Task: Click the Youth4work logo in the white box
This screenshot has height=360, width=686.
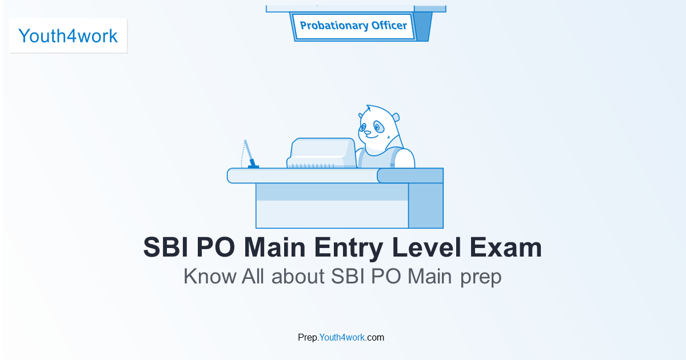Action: pyautogui.click(x=68, y=36)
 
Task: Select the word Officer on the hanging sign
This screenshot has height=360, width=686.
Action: pyautogui.click(x=389, y=25)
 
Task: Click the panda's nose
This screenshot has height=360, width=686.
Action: pyautogui.click(x=367, y=133)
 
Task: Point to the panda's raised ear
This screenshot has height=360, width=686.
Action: pyautogui.click(x=396, y=117)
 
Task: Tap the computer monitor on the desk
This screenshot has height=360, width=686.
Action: pyautogui.click(x=321, y=153)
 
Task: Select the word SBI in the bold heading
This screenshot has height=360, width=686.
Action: pyautogui.click(x=166, y=247)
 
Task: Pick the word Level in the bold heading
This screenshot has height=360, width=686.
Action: pyautogui.click(x=426, y=247)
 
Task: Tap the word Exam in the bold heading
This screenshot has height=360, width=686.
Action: pyautogui.click(x=505, y=247)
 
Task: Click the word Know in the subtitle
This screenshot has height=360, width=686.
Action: pyautogui.click(x=210, y=277)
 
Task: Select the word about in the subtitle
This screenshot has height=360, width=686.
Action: pyautogui.click(x=298, y=277)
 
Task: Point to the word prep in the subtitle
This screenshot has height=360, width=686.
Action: pyautogui.click(x=481, y=278)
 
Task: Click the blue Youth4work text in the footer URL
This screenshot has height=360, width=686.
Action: pyautogui.click(x=342, y=337)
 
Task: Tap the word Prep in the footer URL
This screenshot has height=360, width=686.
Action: pyautogui.click(x=308, y=338)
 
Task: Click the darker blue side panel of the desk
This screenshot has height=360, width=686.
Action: pyautogui.click(x=426, y=205)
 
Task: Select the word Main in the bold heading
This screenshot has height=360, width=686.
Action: pyautogui.click(x=274, y=247)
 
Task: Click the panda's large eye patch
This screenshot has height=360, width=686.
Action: pyautogui.click(x=378, y=127)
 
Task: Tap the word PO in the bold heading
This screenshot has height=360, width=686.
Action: pyautogui.click(x=216, y=247)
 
